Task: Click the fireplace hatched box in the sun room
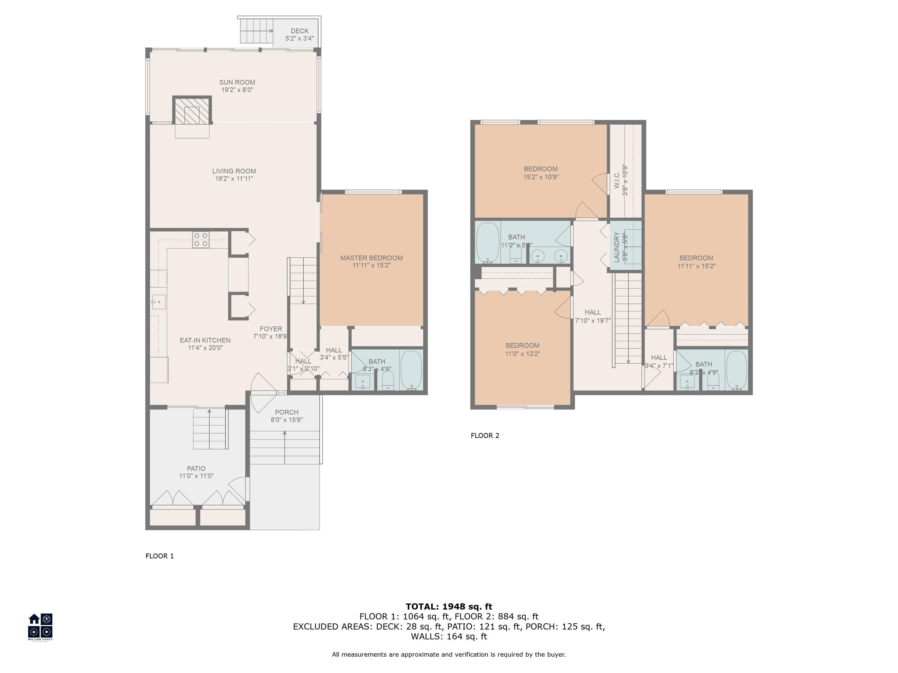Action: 192,110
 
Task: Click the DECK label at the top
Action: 300,31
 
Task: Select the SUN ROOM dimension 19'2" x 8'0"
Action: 237,90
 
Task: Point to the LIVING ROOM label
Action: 234,171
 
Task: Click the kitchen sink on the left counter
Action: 159,302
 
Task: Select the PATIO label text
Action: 196,469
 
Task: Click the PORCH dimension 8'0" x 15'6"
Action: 286,420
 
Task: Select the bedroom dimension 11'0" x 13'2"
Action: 522,354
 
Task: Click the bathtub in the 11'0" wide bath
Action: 487,242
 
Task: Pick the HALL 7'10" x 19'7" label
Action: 593,316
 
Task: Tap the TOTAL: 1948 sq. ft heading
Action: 449,606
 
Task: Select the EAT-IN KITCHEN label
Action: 205,340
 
